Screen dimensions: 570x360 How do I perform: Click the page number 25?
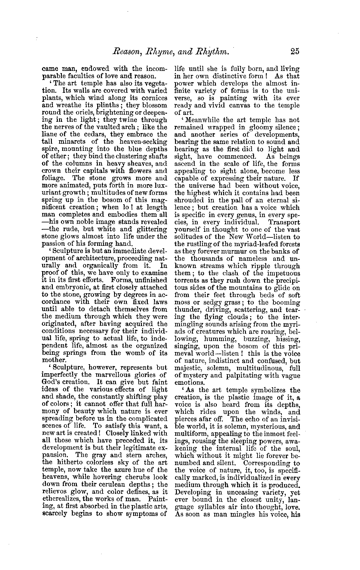click(294, 51)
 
